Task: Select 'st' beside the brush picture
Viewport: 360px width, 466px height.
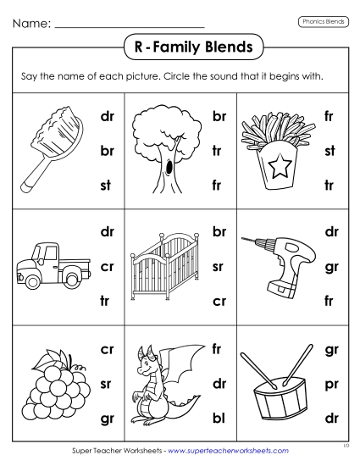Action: (107, 182)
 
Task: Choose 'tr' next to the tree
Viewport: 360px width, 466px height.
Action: (219, 149)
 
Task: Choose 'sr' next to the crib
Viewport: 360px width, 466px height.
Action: (219, 264)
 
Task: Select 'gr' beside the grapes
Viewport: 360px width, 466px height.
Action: (107, 417)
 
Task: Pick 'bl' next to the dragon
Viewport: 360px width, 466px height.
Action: (219, 417)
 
